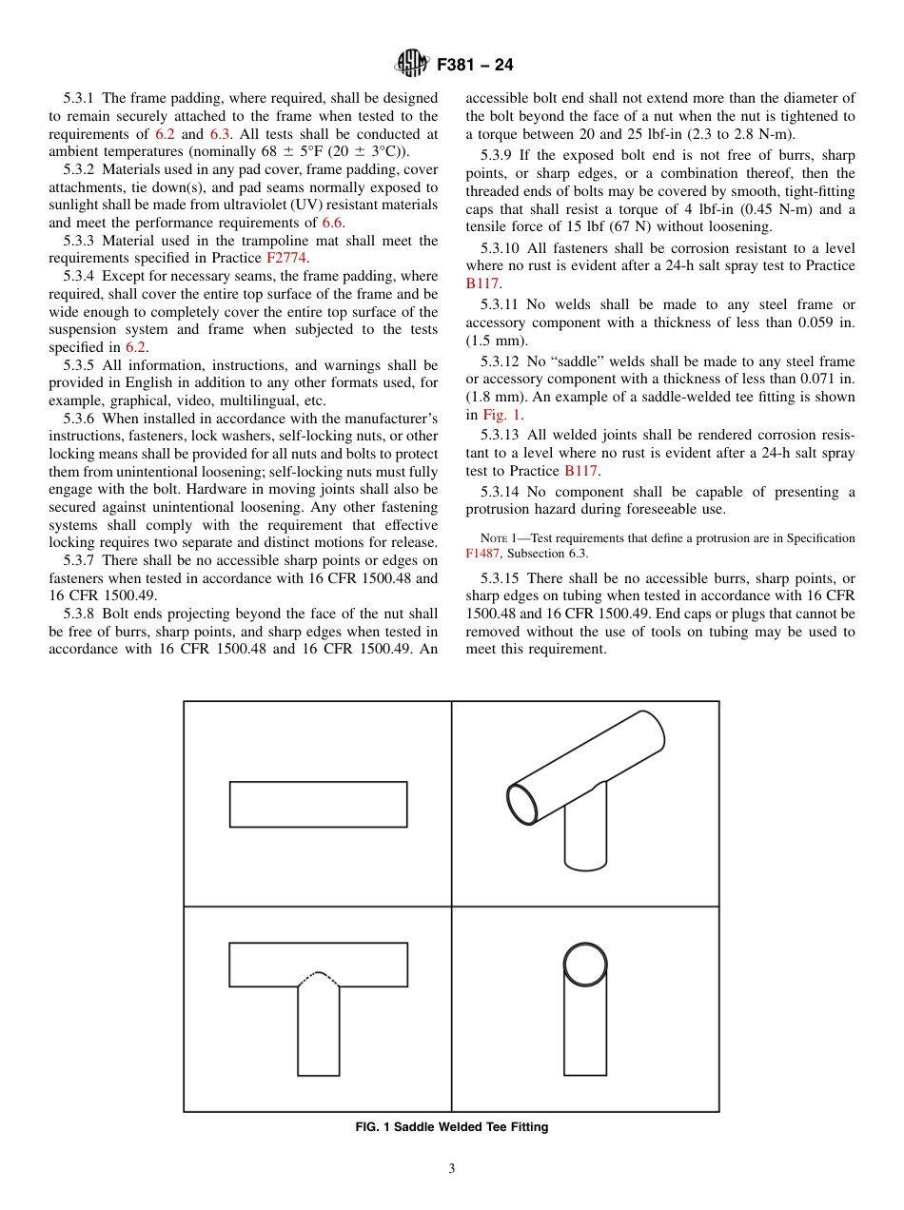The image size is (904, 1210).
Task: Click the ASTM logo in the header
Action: coord(412,65)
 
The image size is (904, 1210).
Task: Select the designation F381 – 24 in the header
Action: coord(475,66)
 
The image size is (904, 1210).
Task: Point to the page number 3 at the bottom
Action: coord(451,1169)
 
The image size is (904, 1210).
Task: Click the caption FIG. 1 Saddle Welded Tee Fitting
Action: coord(451,1127)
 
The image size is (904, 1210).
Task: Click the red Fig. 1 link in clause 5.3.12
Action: coord(496,415)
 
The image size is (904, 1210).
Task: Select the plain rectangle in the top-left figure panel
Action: coord(318,804)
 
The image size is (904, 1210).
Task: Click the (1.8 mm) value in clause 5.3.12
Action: coord(497,398)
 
